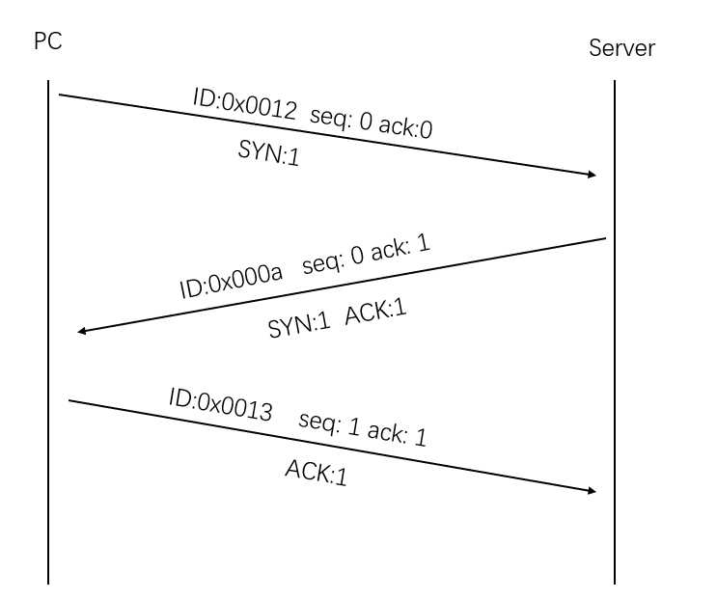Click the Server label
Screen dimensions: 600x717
click(621, 48)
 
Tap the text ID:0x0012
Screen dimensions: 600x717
click(244, 103)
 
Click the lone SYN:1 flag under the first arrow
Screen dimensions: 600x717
click(268, 152)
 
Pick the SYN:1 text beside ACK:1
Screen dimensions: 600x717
click(299, 326)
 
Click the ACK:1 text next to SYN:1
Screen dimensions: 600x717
click(373, 315)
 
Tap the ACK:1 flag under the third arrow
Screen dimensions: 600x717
click(315, 473)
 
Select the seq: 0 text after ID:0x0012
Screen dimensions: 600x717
click(341, 117)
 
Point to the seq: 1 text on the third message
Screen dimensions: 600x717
click(329, 423)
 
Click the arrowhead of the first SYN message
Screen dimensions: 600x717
click(592, 175)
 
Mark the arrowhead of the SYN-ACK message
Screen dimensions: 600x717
click(83, 331)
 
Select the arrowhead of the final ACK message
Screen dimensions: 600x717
click(591, 491)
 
